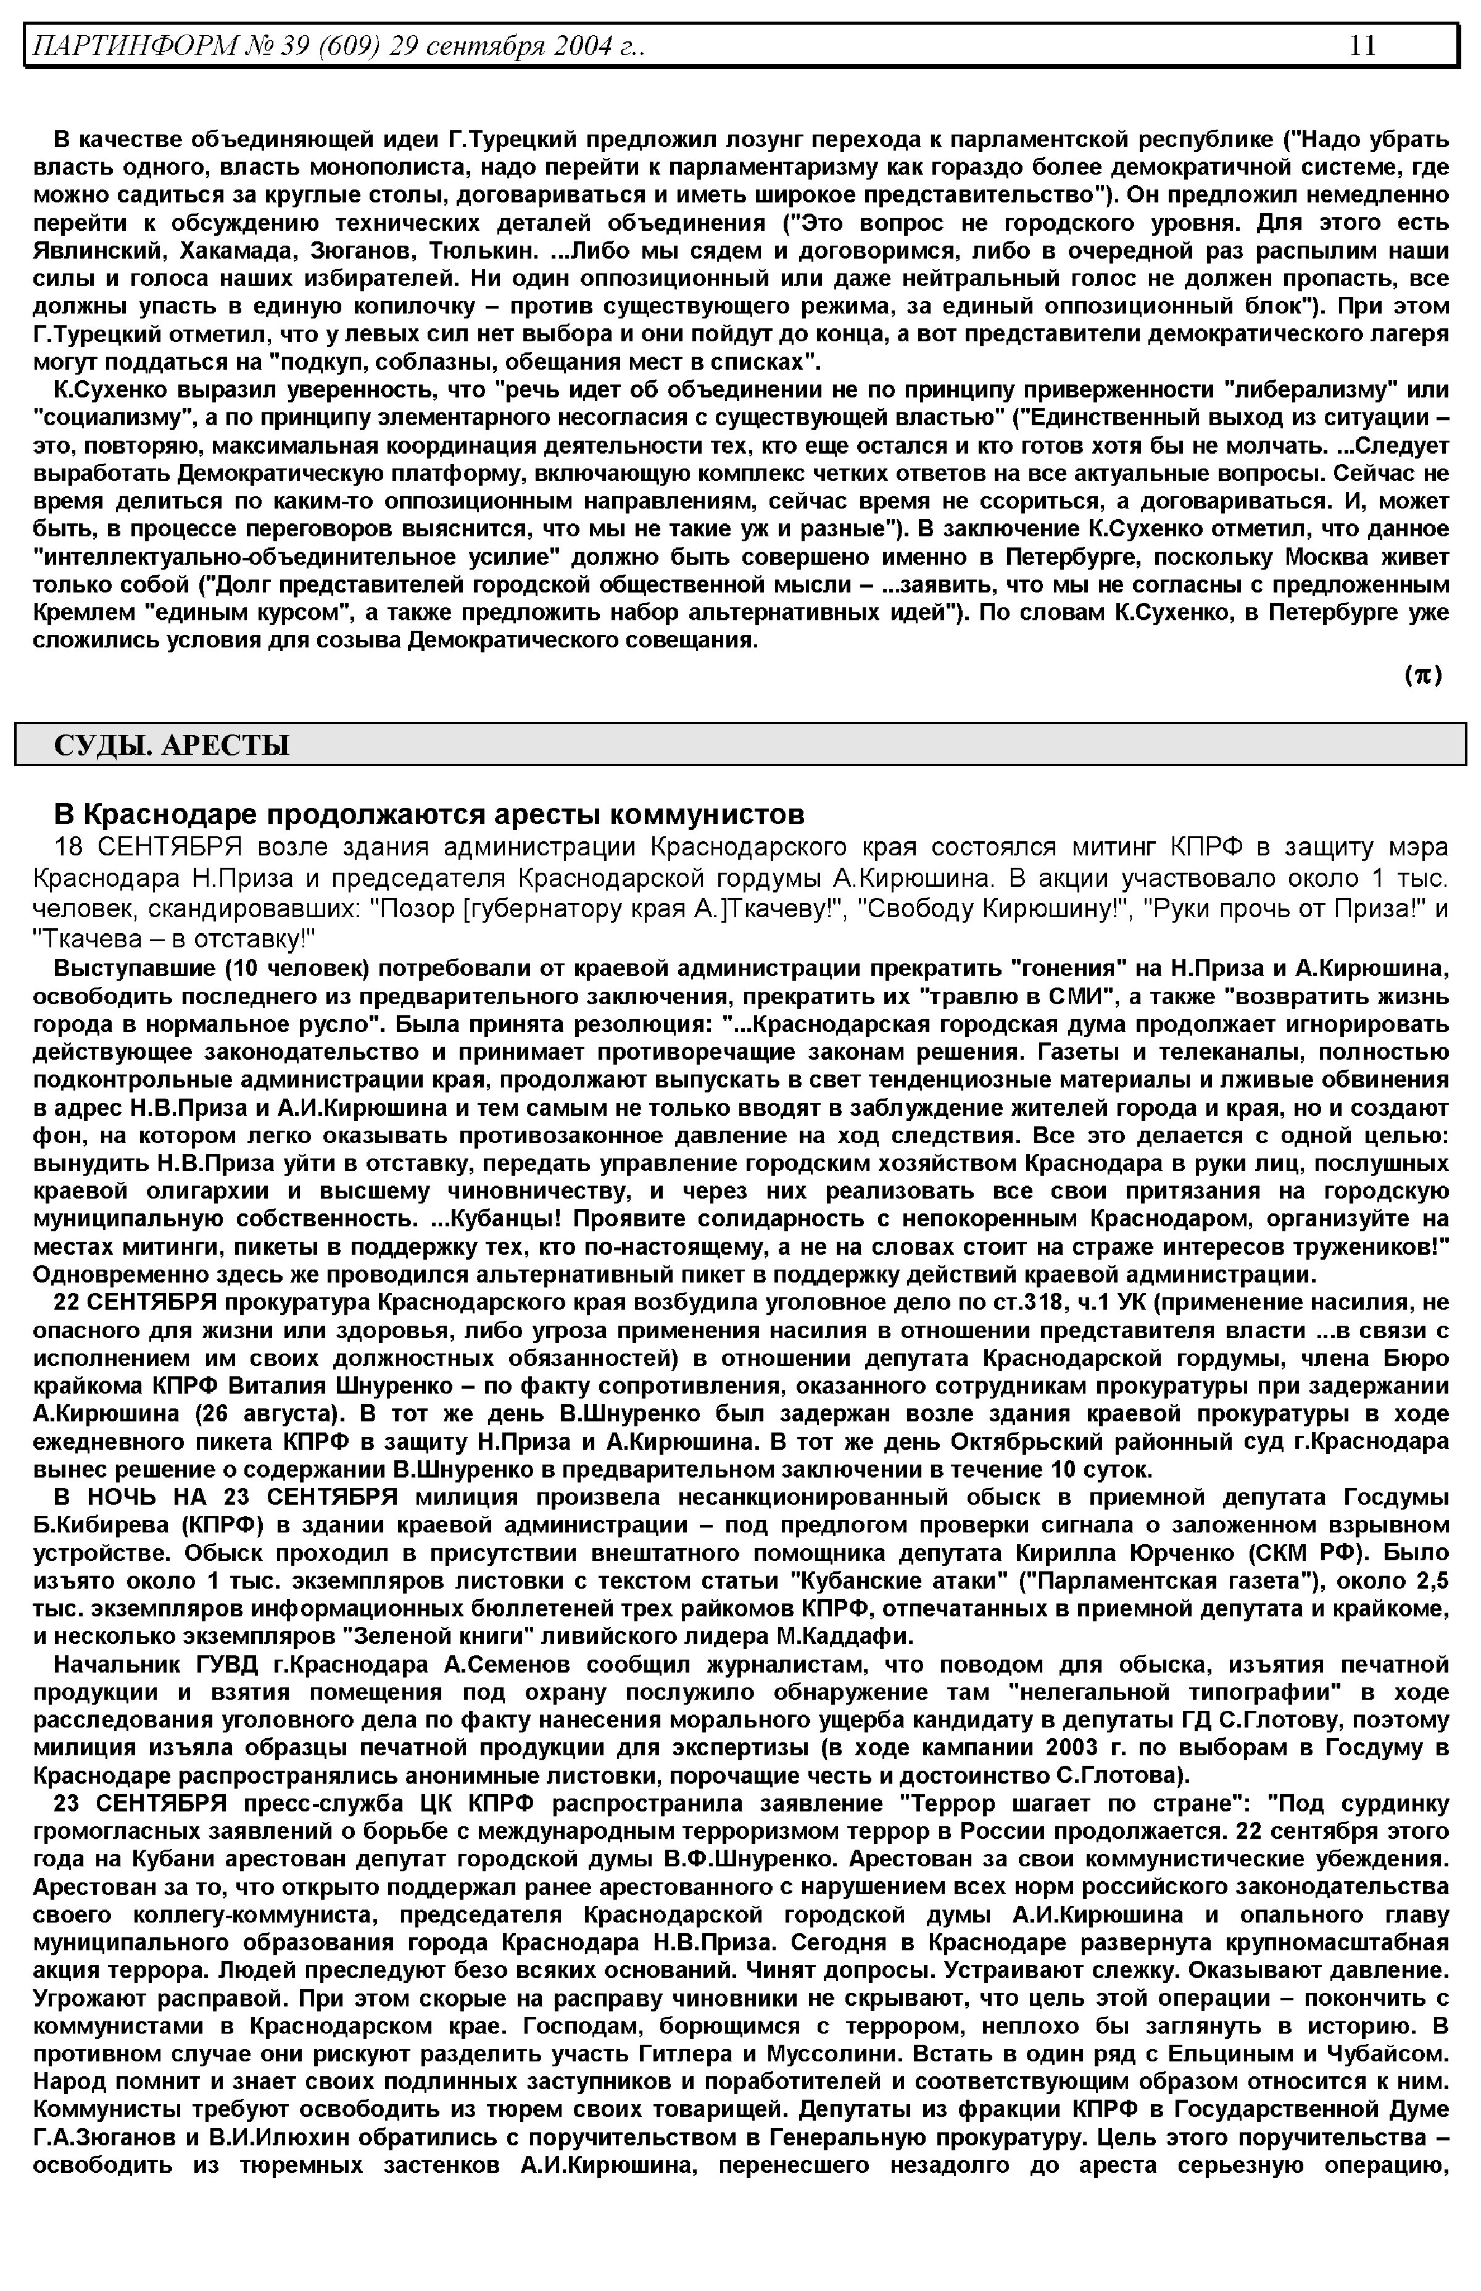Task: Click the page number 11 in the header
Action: [x=1363, y=45]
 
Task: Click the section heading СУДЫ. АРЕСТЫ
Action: [x=171, y=744]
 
